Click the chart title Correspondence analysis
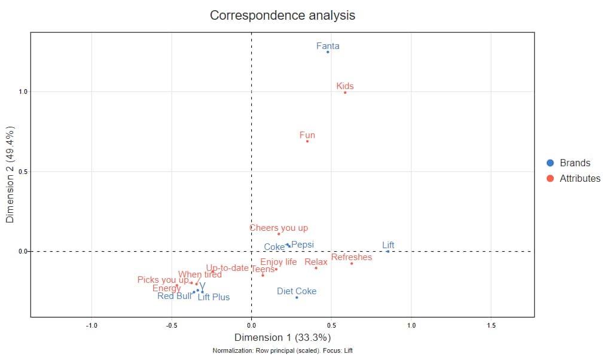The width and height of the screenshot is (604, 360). coord(282,16)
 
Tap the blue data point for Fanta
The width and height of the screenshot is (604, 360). coord(328,52)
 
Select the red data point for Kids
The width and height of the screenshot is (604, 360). coord(345,92)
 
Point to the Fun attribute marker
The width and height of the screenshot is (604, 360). coord(307,141)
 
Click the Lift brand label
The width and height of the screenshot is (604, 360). coord(388,245)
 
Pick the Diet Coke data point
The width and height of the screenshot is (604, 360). coord(297,297)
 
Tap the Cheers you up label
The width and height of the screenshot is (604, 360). coord(279,228)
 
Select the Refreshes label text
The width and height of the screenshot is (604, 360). coord(352,257)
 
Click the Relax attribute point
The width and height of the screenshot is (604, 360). coord(316,268)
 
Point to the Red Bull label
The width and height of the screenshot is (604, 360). coord(175,295)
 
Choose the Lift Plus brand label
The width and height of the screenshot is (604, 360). coord(213,297)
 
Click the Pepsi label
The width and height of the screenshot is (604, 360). coord(303,245)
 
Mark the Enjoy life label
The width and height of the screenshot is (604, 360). coord(279,262)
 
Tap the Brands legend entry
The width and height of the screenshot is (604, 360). coord(575,163)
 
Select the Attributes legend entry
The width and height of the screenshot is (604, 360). coord(579,178)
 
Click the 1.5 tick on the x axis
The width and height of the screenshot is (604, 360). coord(491,325)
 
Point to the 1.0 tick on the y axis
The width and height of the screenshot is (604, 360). coord(23,92)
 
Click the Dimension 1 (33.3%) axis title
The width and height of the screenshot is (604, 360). coord(282,338)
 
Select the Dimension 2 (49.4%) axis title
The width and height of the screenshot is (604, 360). coord(10,175)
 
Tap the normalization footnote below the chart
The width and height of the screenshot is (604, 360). coord(282,350)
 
